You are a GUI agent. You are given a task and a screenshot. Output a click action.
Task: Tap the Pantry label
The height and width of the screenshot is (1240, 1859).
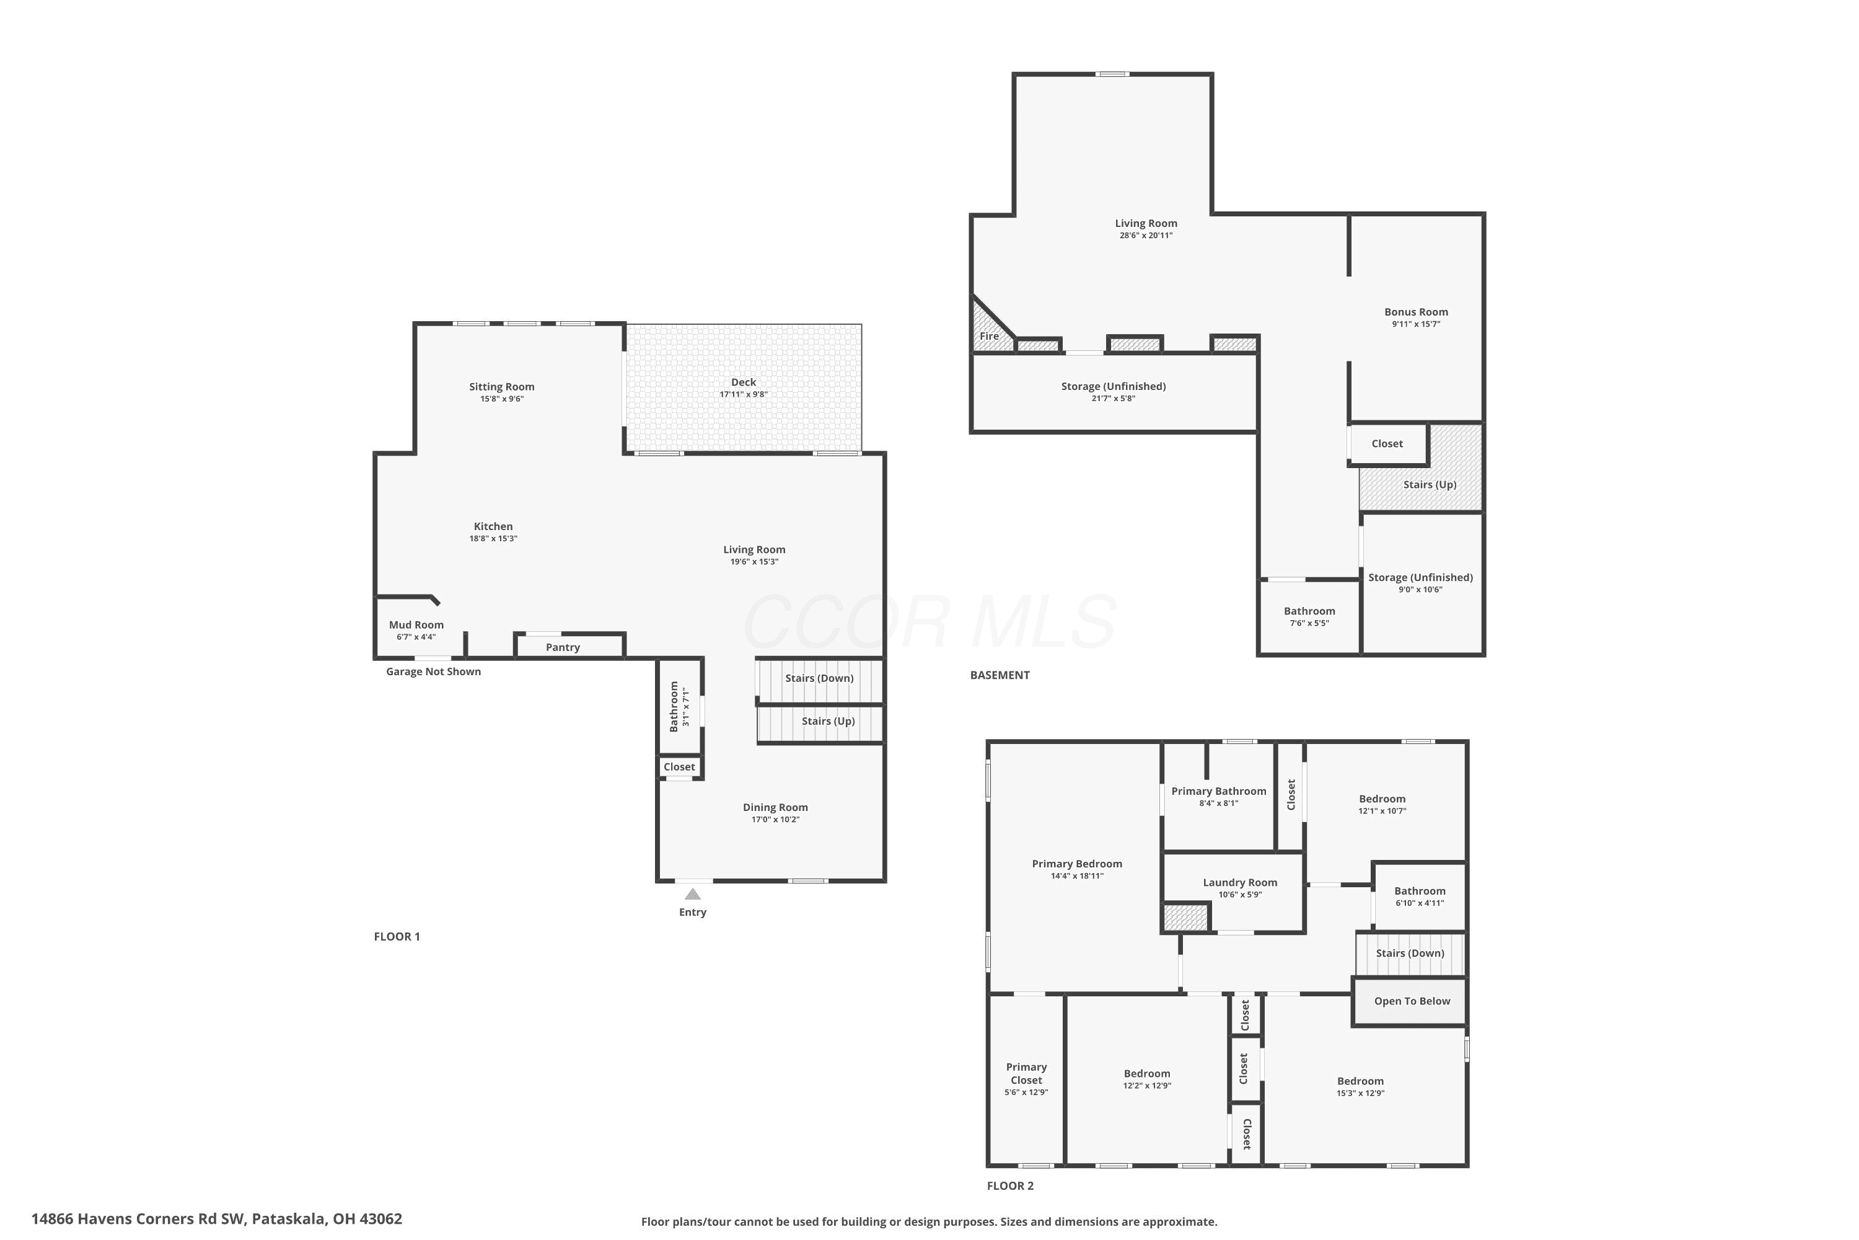click(x=563, y=647)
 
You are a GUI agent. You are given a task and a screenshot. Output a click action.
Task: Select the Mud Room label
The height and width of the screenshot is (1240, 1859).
click(x=416, y=625)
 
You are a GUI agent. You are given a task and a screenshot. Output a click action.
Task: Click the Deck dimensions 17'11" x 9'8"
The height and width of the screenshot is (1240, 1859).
click(x=744, y=394)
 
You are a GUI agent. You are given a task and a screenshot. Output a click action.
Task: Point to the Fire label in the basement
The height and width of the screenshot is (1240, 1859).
click(x=989, y=336)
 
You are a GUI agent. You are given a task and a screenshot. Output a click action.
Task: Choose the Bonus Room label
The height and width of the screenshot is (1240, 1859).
click(x=1417, y=312)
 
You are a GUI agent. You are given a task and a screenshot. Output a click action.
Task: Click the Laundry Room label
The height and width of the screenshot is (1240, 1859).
click(x=1240, y=882)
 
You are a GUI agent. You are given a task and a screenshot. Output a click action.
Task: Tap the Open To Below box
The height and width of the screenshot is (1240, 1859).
click(x=1410, y=1001)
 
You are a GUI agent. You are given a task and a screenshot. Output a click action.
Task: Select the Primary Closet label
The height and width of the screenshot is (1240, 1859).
click(x=1027, y=1073)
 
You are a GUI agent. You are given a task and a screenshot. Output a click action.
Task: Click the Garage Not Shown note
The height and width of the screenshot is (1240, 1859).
click(x=433, y=671)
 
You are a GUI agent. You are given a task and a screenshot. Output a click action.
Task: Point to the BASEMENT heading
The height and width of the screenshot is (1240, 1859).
click(x=1000, y=675)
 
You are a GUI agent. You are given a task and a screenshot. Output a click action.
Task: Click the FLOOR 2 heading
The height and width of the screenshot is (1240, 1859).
click(x=1010, y=1185)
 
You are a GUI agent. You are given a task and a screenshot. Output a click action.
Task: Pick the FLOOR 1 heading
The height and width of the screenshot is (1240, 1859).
click(x=397, y=936)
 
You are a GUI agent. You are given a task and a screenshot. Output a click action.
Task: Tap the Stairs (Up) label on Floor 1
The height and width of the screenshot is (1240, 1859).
click(x=828, y=721)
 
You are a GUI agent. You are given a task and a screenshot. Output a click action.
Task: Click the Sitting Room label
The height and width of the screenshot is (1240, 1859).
click(x=502, y=387)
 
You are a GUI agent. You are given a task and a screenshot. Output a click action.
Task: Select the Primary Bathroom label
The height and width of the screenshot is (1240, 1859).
click(x=1219, y=791)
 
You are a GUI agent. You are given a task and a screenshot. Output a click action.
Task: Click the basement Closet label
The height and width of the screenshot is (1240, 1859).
click(x=1387, y=444)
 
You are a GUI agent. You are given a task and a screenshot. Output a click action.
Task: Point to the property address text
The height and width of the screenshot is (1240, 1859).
click(x=216, y=1219)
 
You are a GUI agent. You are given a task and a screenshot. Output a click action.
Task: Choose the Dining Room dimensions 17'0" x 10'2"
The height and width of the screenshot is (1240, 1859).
click(x=775, y=819)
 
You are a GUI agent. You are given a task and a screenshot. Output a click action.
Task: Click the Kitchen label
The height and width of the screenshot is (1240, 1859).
click(x=493, y=526)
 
